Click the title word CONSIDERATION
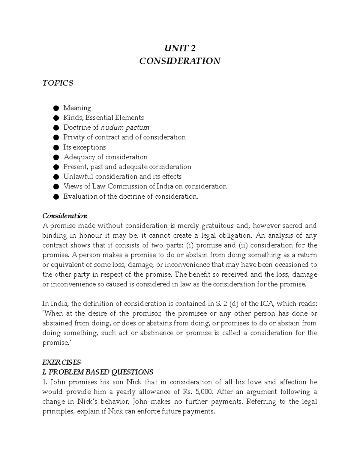coord(180,61)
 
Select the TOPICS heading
coord(58,83)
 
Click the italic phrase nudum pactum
coord(125,128)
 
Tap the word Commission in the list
coord(127,186)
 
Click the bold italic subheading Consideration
coord(64,216)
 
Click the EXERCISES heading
coord(61,362)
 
